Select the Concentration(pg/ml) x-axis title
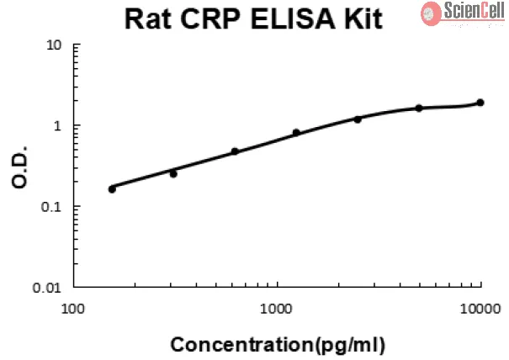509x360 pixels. click(278, 345)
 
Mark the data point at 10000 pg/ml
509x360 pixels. click(480, 103)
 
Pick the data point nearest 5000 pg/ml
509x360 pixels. click(419, 108)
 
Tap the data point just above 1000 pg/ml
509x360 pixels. click(296, 132)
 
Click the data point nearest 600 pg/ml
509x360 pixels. click(235, 151)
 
